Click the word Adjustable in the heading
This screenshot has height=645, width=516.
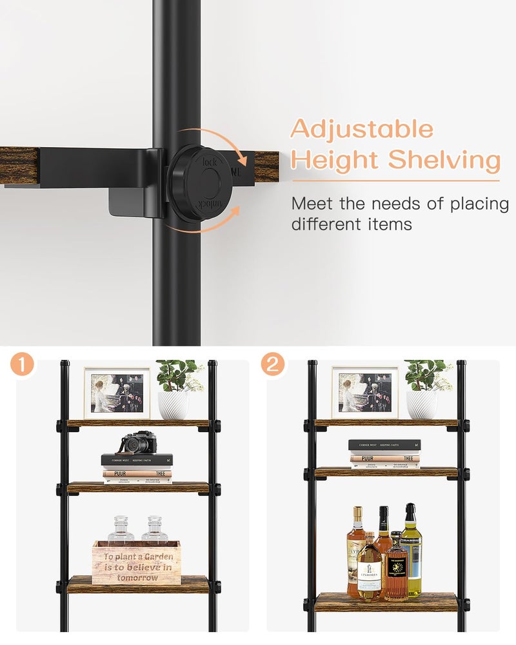tap(361, 130)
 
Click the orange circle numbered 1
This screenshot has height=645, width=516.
tap(23, 365)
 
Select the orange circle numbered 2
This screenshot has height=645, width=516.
tap(273, 365)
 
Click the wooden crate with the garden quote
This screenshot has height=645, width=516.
tap(135, 562)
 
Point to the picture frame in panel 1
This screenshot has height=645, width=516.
tap(117, 393)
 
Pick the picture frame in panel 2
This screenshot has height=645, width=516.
tap(365, 393)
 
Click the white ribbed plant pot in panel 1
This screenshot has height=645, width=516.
tap(173, 405)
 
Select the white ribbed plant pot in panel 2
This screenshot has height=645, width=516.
tap(421, 405)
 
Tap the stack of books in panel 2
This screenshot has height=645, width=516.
tap(384, 454)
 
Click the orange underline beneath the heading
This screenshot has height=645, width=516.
tap(395, 181)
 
